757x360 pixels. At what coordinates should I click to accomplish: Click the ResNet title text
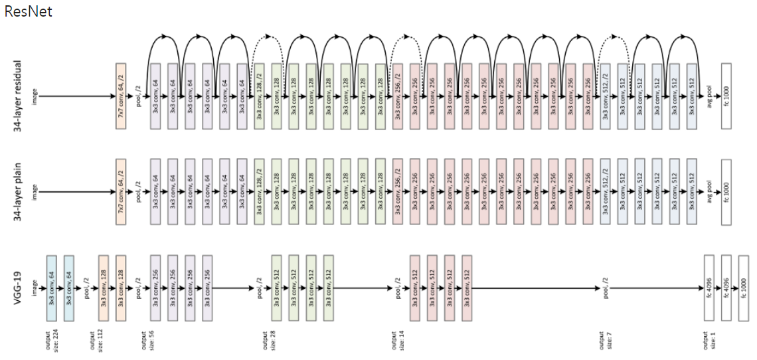coord(28,11)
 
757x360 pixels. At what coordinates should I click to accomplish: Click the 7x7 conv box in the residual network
coord(120,96)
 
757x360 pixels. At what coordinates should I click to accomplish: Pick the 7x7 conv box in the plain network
coord(120,191)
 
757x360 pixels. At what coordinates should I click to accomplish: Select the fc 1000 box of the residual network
coord(726,96)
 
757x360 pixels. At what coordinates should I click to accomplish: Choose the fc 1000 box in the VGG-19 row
coord(743,287)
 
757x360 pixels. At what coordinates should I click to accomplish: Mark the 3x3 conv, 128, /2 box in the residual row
coord(259,96)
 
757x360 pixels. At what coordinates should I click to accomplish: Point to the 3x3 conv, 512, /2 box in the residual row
coord(604,96)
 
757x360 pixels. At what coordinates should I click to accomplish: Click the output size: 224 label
coord(51,339)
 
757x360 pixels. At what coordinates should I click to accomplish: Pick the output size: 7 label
coord(604,339)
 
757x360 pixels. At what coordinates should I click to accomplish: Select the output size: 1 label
coord(708,339)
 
